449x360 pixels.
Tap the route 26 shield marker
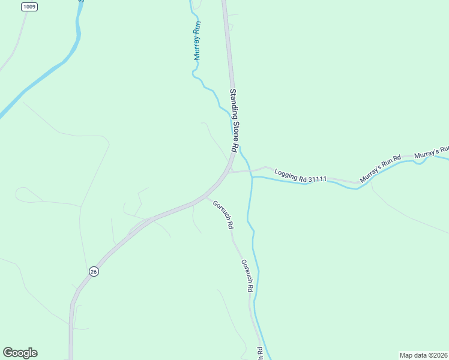click(93, 271)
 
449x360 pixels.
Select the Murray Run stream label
click(197, 40)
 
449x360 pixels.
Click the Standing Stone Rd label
click(235, 120)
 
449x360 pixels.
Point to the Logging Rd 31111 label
click(300, 176)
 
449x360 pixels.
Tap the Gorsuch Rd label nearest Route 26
click(223, 214)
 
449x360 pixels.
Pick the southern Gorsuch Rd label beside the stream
click(246, 275)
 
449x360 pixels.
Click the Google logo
click(20, 353)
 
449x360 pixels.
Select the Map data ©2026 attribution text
click(423, 355)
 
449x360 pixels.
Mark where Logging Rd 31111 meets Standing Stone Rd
click(230, 172)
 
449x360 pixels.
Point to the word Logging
click(286, 173)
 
